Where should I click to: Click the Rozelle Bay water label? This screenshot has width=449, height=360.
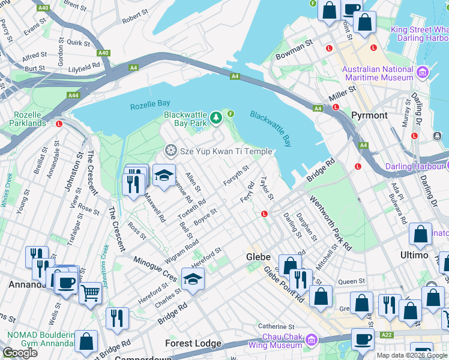click(x=150, y=106)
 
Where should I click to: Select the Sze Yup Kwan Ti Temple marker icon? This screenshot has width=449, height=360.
click(x=171, y=149)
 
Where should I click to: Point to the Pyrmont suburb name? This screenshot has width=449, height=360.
click(x=369, y=115)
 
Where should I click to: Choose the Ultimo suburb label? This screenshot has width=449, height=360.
click(x=414, y=255)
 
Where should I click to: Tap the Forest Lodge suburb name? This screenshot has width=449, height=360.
click(x=194, y=344)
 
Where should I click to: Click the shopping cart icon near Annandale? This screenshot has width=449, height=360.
click(x=90, y=293)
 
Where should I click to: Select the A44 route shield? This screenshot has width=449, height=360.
click(x=73, y=95)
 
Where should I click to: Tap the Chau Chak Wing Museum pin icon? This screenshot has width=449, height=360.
click(x=311, y=340)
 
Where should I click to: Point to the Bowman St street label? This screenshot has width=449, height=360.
click(x=295, y=50)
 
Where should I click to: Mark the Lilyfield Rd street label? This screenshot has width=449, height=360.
click(x=84, y=67)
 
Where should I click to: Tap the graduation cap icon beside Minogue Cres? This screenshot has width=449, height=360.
click(x=193, y=279)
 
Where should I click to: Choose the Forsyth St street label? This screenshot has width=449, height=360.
click(x=236, y=175)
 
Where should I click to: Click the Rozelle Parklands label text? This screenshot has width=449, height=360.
click(x=28, y=118)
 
